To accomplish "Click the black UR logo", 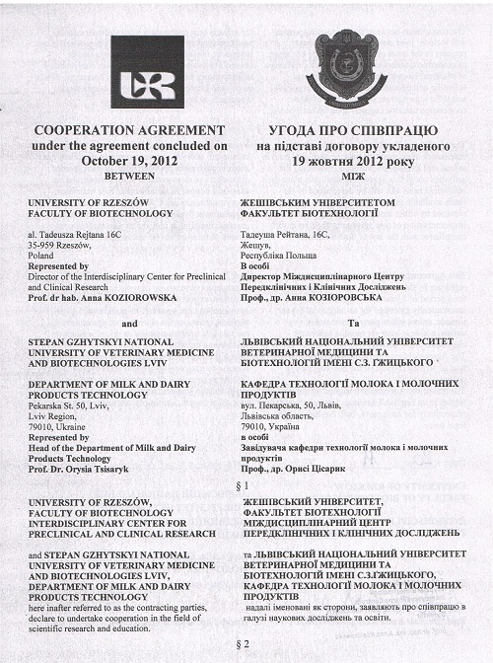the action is (147, 72).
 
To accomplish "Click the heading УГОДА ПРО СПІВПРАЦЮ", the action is (352, 131).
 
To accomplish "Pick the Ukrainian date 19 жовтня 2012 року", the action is (352, 160).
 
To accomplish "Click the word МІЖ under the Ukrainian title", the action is (352, 175).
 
